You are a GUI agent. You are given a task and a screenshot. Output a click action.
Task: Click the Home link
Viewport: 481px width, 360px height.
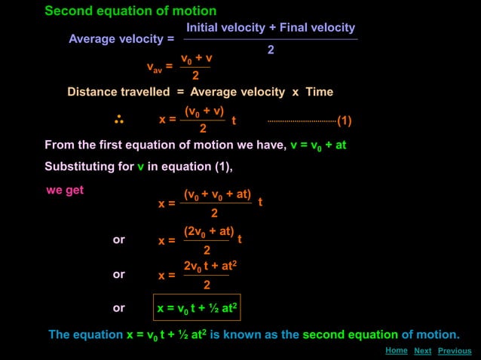click(396, 350)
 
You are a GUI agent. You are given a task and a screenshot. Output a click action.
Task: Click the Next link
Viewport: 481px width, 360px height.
click(422, 351)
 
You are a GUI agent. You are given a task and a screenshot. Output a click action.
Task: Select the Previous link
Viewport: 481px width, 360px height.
click(455, 351)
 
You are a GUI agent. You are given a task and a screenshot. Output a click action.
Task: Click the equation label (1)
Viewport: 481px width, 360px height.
click(345, 121)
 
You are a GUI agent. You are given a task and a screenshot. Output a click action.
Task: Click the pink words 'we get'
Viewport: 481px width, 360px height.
click(65, 191)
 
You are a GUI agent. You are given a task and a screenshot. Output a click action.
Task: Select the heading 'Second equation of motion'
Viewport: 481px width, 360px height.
click(130, 11)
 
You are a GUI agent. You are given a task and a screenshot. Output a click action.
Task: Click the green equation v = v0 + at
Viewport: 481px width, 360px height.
click(318, 145)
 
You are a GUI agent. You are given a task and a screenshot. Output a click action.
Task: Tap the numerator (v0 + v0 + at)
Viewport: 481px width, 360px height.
click(217, 194)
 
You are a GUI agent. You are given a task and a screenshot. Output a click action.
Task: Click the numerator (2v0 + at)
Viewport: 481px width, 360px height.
click(209, 231)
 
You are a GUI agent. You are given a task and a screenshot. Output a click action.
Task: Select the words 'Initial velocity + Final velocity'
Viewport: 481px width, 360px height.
click(271, 28)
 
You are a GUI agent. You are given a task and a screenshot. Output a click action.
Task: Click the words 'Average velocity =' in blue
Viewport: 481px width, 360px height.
click(121, 39)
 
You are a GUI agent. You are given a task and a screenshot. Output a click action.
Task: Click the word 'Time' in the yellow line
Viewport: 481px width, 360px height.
click(319, 92)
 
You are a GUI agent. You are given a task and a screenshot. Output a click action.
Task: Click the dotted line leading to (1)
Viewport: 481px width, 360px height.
click(302, 121)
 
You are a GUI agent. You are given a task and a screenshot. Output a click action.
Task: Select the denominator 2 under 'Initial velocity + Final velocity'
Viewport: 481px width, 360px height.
click(271, 50)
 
